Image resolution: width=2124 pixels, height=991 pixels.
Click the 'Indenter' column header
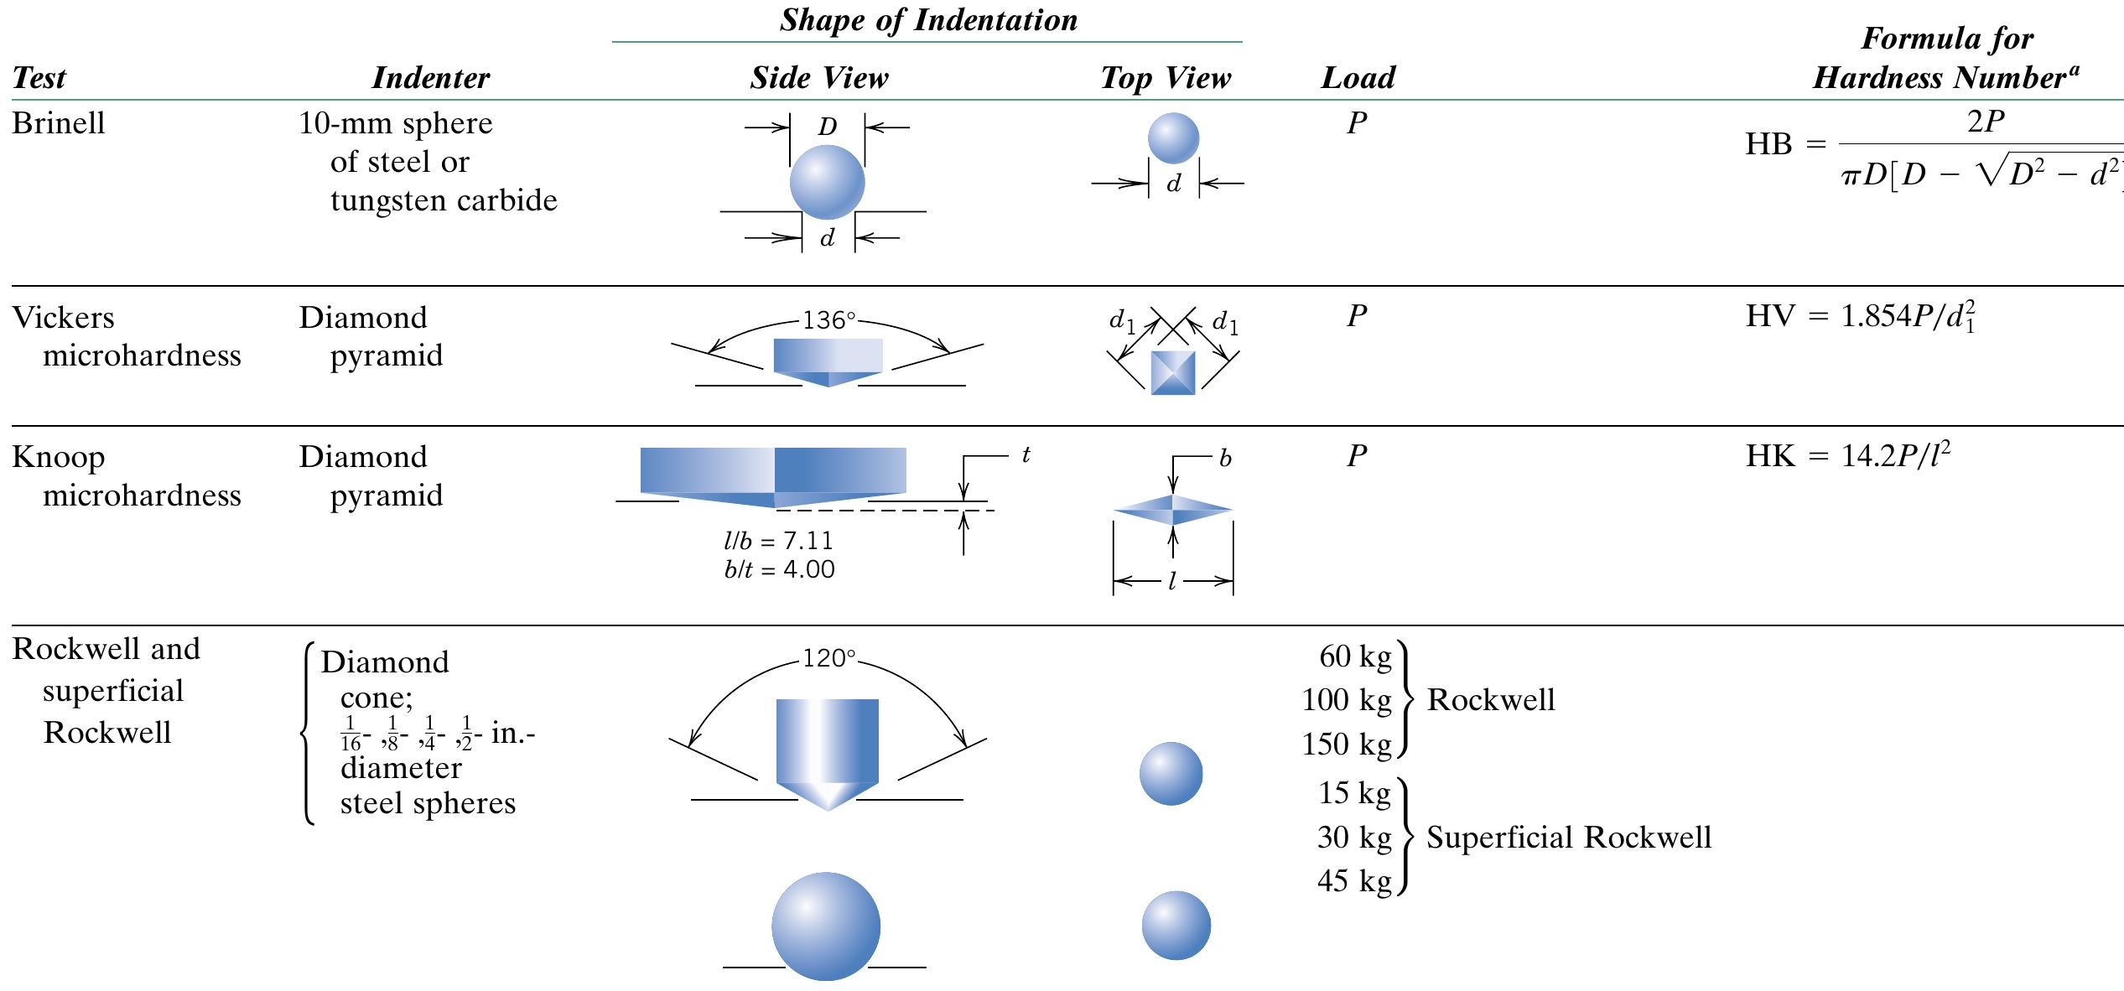[x=430, y=78]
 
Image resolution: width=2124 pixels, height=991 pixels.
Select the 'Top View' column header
[x=1165, y=78]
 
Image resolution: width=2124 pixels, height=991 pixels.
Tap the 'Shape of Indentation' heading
[x=928, y=20]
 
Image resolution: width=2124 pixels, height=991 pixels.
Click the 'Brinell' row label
[x=58, y=123]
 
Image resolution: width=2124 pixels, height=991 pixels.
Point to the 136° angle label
[x=828, y=320]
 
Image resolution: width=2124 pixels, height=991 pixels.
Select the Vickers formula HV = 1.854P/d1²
[x=1861, y=316]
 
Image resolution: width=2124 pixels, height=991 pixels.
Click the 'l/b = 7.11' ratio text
[x=779, y=541]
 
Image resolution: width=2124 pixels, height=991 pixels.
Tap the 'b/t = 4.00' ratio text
[x=779, y=570]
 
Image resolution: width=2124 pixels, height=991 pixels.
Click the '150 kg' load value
[x=1346, y=744]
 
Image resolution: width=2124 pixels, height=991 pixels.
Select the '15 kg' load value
[x=1353, y=792]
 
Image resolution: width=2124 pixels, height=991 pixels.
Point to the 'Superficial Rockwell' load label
[x=1568, y=837]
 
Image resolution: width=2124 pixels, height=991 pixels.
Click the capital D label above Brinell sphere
[x=827, y=127]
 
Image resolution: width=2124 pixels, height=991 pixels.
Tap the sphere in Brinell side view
[x=827, y=182]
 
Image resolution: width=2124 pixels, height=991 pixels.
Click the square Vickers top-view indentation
[x=1172, y=373]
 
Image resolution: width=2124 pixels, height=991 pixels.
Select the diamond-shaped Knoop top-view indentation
[x=1172, y=509]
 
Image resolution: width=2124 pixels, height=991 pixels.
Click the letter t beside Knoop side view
[x=1026, y=454]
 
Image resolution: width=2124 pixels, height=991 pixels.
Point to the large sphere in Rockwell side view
[x=826, y=926]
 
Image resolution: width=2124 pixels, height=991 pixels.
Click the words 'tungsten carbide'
[x=444, y=200]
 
